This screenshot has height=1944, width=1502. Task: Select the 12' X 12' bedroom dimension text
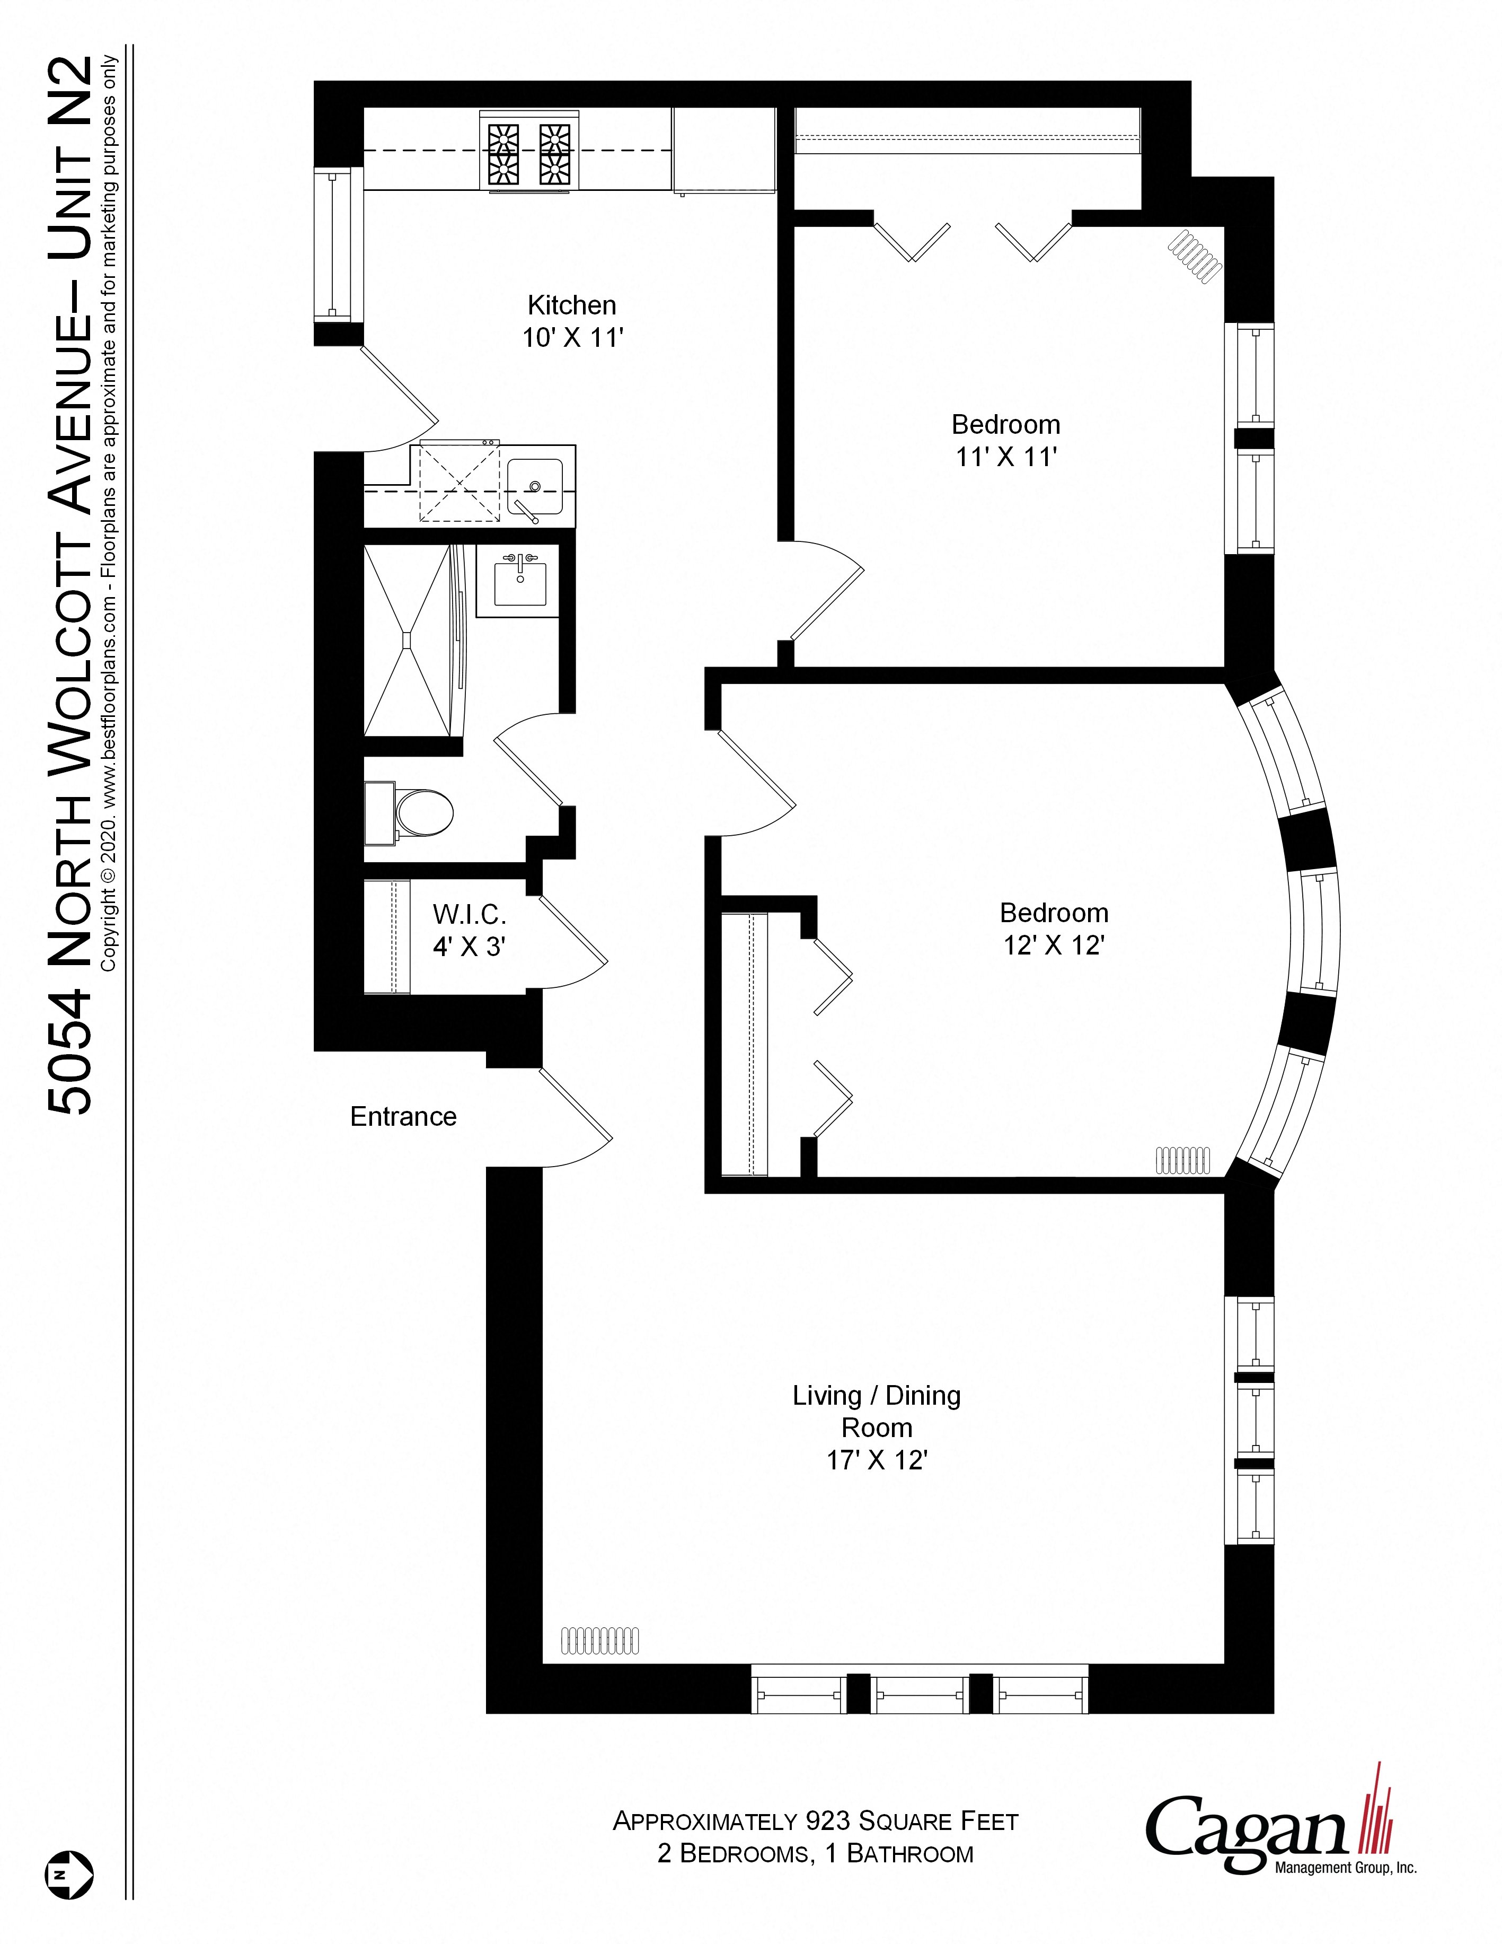(x=1054, y=945)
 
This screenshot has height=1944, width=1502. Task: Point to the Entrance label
(x=403, y=1117)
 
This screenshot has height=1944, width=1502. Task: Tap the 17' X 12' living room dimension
(x=877, y=1461)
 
